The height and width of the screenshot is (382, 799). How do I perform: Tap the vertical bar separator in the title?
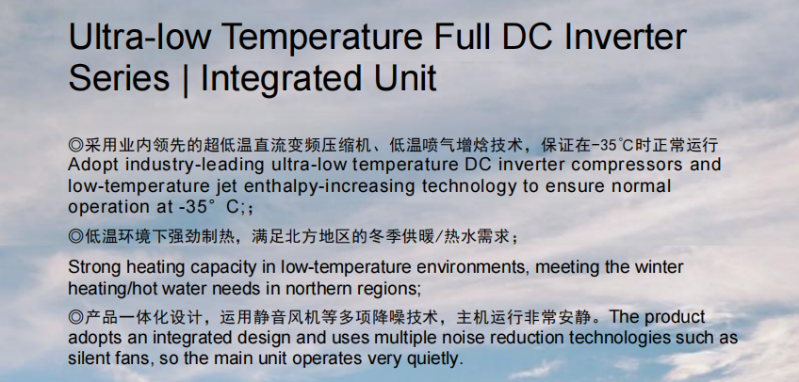[x=185, y=80]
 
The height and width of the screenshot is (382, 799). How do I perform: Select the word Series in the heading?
[x=119, y=78]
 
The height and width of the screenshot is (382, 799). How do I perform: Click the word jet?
[x=226, y=186]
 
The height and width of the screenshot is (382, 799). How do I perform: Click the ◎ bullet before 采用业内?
[x=76, y=145]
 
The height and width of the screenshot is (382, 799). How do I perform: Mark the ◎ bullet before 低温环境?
[x=76, y=236]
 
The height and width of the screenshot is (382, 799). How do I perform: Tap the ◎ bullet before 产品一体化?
[x=76, y=317]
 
